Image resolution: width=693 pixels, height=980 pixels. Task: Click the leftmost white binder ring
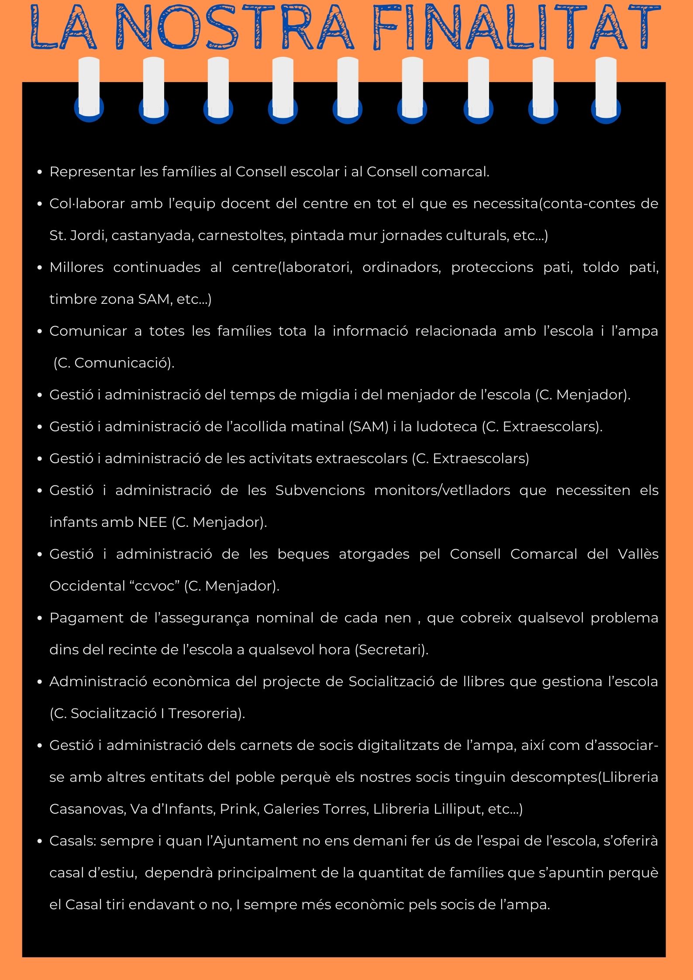89,87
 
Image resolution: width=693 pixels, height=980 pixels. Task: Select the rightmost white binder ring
606,87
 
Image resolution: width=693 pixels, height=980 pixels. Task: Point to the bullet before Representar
40,172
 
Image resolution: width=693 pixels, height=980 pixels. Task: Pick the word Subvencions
320,490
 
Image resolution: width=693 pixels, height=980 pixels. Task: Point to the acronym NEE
152,522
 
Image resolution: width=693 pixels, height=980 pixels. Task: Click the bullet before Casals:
40,841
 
